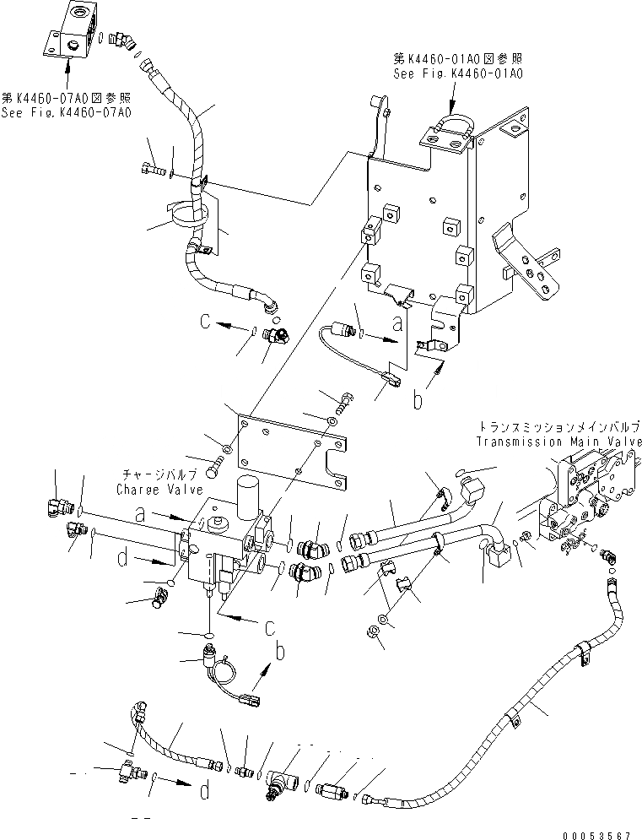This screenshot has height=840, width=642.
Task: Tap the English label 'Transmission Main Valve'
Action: coord(558,442)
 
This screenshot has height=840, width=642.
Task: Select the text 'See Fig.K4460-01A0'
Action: coord(458,73)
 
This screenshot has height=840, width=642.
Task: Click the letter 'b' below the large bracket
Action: coord(417,401)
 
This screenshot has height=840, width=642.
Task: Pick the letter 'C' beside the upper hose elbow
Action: coord(205,321)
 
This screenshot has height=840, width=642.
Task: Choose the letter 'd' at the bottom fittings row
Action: coord(205,791)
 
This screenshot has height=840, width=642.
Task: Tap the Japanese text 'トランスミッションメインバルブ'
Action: coord(558,429)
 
